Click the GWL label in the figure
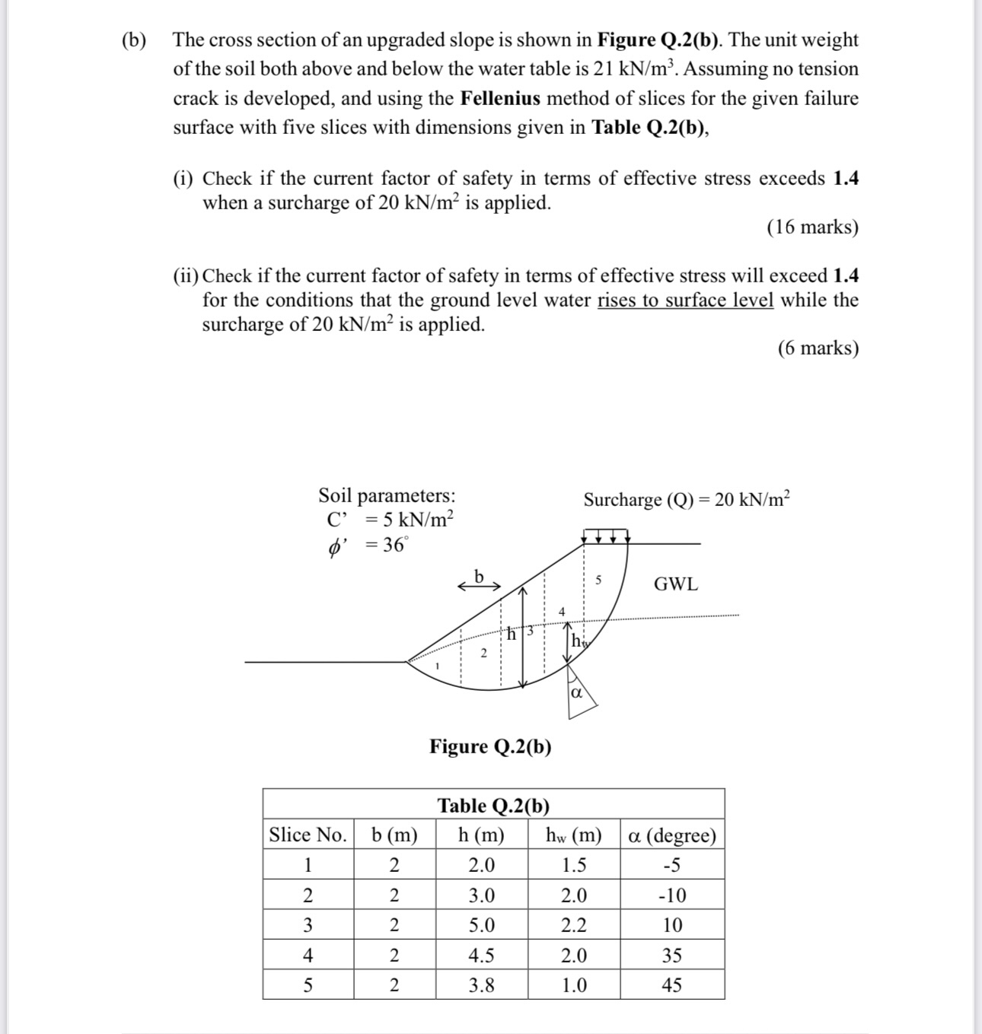pos(675,584)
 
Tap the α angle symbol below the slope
pos(576,693)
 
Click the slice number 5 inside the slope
pos(598,581)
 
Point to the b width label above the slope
pos(479,576)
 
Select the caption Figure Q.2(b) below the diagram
pos(490,746)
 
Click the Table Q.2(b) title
pos(493,805)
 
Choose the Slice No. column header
pos(308,835)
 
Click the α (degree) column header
pos(671,835)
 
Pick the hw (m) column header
pos(573,835)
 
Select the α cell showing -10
pos(671,895)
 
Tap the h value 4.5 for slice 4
pos(481,955)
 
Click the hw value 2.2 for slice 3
pos(573,925)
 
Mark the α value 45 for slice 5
pos(671,985)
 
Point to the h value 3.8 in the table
pos(481,985)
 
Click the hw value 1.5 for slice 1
pos(573,865)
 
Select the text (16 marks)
pos(812,227)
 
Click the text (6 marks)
pos(818,348)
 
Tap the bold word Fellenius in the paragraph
pos(500,98)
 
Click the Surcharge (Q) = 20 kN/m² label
pos(687,500)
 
